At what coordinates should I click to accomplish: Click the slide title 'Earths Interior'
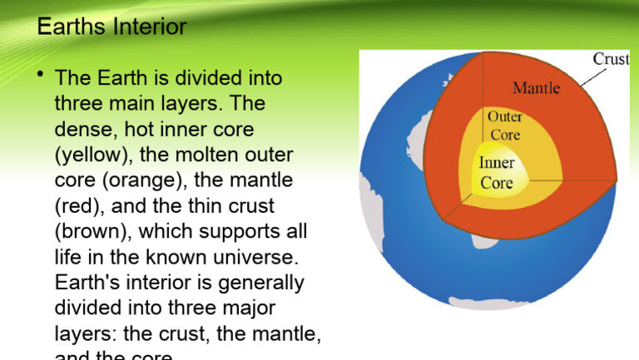[112, 28]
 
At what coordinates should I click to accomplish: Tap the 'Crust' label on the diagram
[611, 59]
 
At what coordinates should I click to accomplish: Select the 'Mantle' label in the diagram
[536, 87]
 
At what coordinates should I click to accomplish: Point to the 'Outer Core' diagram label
[504, 126]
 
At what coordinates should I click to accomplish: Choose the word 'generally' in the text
[262, 284]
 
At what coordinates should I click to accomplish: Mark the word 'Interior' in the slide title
[151, 28]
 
